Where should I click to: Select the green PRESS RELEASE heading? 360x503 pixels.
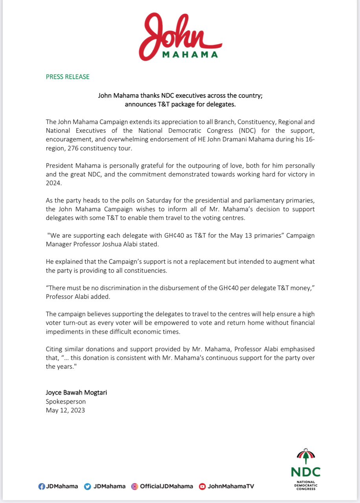click(x=68, y=77)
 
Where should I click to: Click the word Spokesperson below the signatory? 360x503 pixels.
click(x=66, y=402)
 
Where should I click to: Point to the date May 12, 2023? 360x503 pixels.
click(x=65, y=410)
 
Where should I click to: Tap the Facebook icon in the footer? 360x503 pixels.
click(x=41, y=486)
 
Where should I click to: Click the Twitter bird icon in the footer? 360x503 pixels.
click(x=88, y=486)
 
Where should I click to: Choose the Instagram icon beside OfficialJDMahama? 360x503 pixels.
click(x=134, y=486)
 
